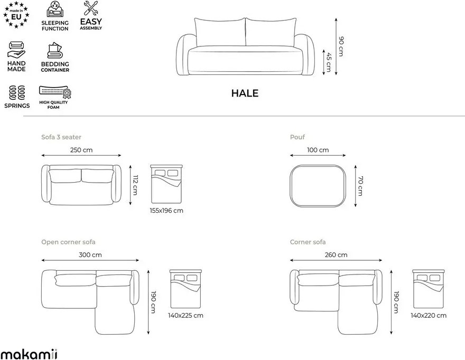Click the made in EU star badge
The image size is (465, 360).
[x=16, y=15]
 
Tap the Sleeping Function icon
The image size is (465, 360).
[x=55, y=10]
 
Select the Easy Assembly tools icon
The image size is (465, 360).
[x=91, y=8]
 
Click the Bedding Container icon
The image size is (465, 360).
[x=55, y=50]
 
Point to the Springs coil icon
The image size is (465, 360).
[x=17, y=93]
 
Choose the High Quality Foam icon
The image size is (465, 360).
[x=55, y=92]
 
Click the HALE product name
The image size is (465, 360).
[x=245, y=93]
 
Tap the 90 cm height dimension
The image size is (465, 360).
[x=341, y=46]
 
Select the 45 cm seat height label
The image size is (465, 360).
[x=329, y=62]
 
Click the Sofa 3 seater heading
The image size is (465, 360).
[x=61, y=137]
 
